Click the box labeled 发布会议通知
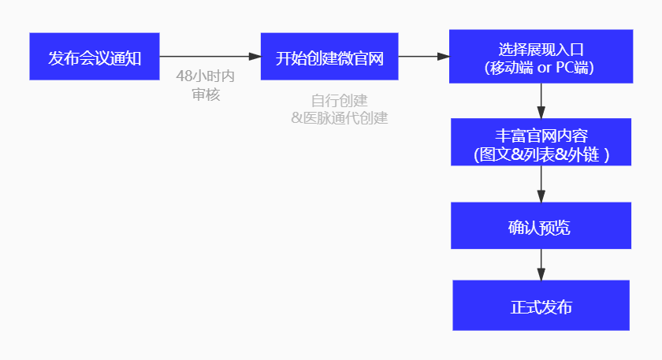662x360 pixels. tap(95, 57)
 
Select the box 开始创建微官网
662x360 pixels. tap(329, 57)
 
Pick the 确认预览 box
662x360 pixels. tap(541, 226)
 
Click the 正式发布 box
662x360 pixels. tap(541, 306)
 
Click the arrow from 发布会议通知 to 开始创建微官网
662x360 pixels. tap(210, 57)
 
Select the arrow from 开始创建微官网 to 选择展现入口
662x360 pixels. tap(423, 57)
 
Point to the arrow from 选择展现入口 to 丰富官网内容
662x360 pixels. tap(541, 100)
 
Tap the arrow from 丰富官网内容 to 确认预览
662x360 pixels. tap(541, 184)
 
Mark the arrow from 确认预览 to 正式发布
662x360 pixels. tap(541, 264)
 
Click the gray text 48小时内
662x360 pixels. tap(206, 77)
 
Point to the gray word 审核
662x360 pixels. tap(206, 95)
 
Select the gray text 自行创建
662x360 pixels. tap(340, 101)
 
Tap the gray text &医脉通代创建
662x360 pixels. tap(340, 118)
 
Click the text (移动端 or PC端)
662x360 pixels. tap(541, 68)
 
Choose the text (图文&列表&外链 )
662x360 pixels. tap(541, 154)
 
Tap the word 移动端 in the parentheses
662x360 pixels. tap(509, 68)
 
